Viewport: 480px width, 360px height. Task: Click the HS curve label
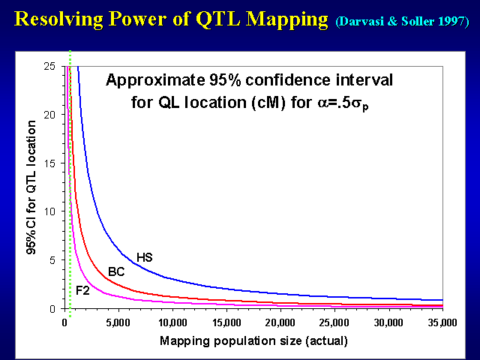point(145,257)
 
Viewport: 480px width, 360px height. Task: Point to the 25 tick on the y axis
point(50,67)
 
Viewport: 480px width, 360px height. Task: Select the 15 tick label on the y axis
point(50,163)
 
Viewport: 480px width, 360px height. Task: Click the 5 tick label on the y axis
point(53,260)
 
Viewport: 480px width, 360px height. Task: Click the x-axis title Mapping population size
point(253,341)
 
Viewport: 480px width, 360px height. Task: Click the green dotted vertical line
point(70,187)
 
